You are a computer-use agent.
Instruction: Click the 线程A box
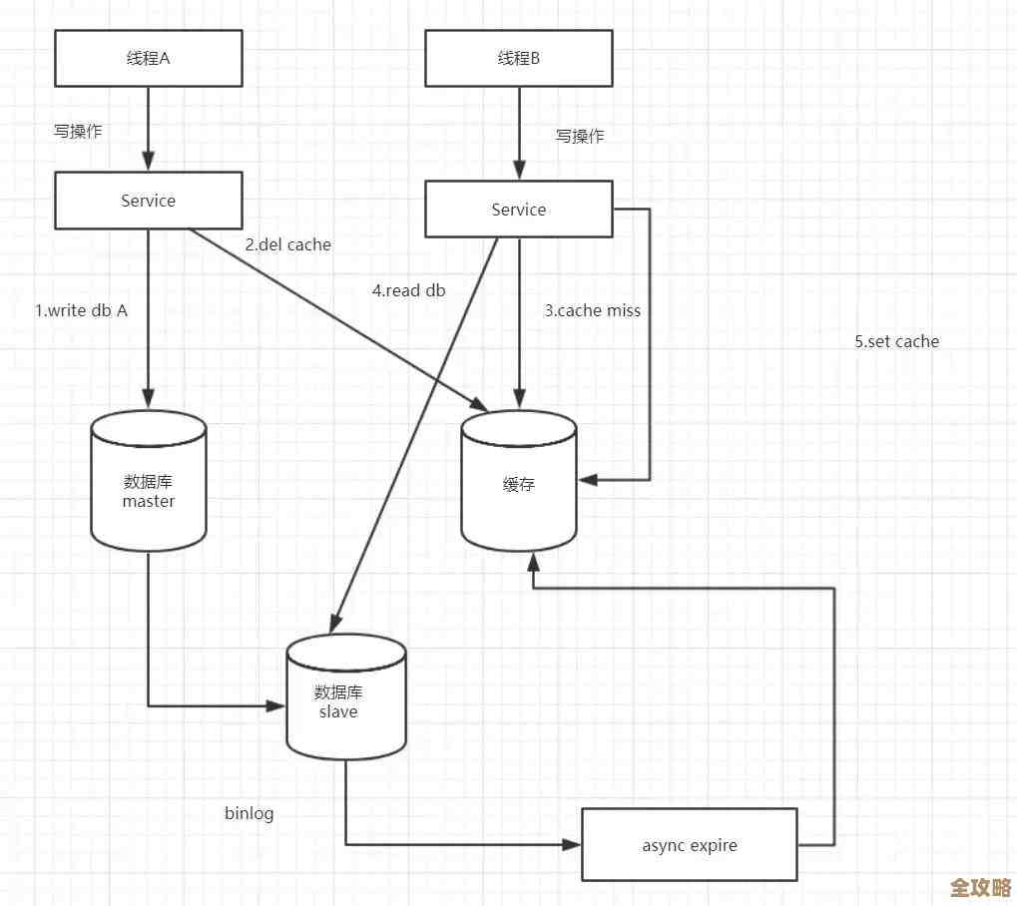pyautogui.click(x=148, y=58)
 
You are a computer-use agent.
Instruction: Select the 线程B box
pyautogui.click(x=519, y=58)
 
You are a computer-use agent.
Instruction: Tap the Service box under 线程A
pyautogui.click(x=148, y=201)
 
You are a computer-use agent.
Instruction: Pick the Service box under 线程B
pyautogui.click(x=519, y=210)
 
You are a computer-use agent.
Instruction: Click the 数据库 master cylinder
pyautogui.click(x=148, y=483)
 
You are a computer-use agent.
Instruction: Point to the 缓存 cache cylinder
pyautogui.click(x=519, y=483)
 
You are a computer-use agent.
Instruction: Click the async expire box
pyautogui.click(x=689, y=845)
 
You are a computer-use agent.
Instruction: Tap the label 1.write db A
pyautogui.click(x=82, y=310)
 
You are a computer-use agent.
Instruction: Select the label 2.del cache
pyautogui.click(x=287, y=244)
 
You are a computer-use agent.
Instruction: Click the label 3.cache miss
pyautogui.click(x=592, y=310)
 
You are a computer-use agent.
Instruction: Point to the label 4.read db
pyautogui.click(x=409, y=290)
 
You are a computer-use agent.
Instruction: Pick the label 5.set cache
pyautogui.click(x=896, y=341)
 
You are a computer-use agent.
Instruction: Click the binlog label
pyautogui.click(x=249, y=813)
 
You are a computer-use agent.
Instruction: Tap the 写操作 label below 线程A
pyautogui.click(x=78, y=132)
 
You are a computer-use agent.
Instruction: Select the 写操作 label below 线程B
pyautogui.click(x=580, y=137)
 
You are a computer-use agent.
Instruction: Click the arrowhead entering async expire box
pyautogui.click(x=573, y=845)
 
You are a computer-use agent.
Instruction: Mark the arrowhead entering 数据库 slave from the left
pyautogui.click(x=277, y=706)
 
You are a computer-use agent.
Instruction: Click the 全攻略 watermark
pyautogui.click(x=980, y=887)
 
